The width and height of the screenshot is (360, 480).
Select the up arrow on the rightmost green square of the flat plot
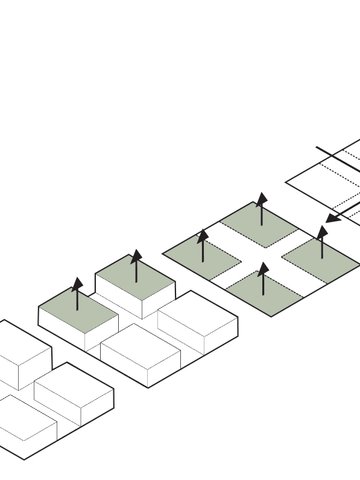pyautogui.click(x=321, y=242)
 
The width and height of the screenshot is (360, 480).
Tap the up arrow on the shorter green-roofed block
pyautogui.click(x=77, y=299)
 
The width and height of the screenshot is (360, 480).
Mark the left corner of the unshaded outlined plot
pyautogui.click(x=287, y=181)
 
